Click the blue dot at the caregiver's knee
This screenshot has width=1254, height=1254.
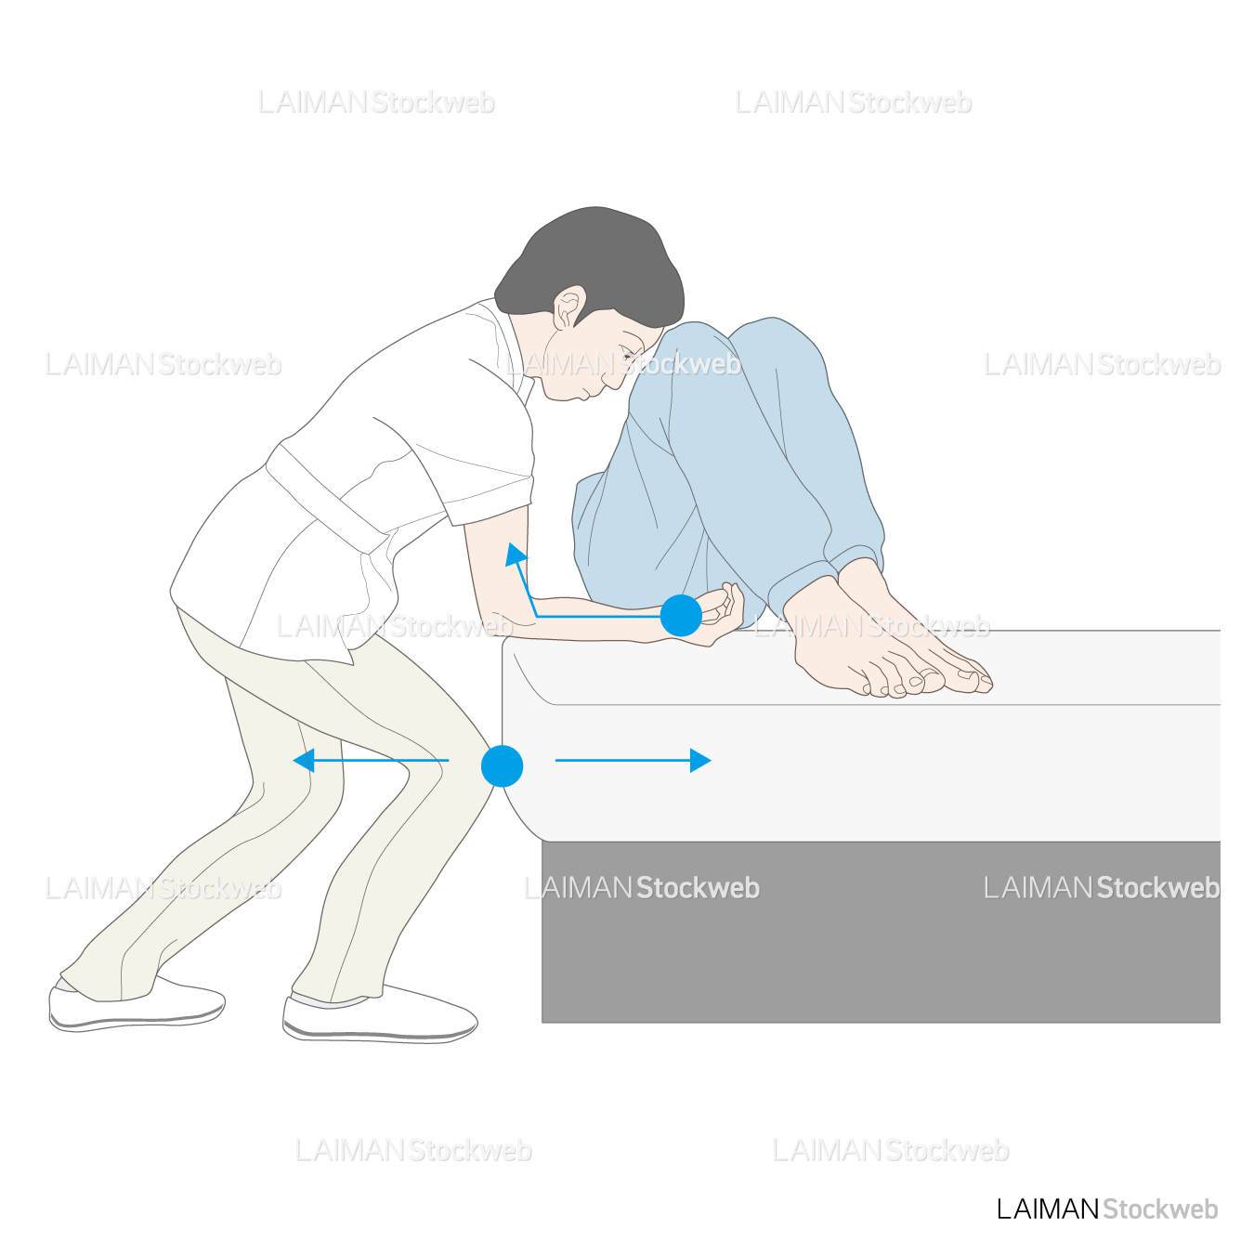[502, 766]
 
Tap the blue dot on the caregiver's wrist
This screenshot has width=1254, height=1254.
[681, 615]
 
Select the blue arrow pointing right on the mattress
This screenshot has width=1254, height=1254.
[633, 760]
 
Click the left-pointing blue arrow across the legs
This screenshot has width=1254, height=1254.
[371, 760]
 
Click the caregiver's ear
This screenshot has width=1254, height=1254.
[568, 307]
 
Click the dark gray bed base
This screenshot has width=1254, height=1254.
[881, 932]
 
